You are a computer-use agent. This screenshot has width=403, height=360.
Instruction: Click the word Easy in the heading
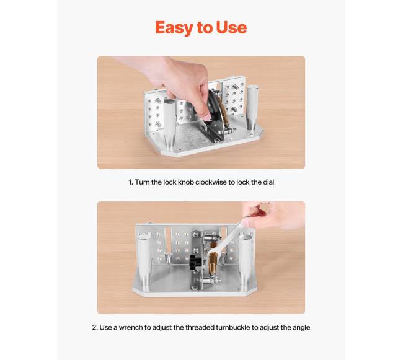174,28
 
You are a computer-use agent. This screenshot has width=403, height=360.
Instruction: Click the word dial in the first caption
268,182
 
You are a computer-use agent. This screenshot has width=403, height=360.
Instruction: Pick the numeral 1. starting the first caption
131,182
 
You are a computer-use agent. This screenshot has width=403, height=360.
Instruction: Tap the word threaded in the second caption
200,327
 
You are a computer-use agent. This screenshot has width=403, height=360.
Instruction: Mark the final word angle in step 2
301,328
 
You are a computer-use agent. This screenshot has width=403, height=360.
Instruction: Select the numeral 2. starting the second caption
95,327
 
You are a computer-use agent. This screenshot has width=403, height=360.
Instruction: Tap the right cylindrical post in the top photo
252,108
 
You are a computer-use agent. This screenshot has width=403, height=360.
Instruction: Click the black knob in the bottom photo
196,262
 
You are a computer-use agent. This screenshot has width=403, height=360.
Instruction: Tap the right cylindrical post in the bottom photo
246,262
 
